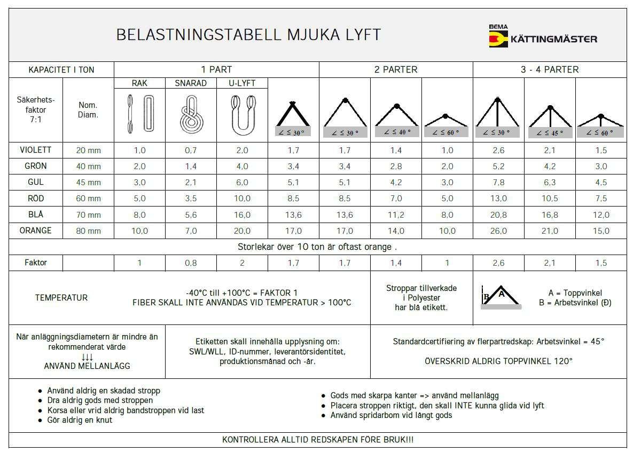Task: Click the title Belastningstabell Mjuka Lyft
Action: click(248, 35)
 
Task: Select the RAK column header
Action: click(139, 83)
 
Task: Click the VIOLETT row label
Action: click(35, 150)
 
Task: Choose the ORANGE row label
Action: click(35, 231)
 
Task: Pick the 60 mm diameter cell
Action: click(88, 199)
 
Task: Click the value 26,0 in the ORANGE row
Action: click(498, 231)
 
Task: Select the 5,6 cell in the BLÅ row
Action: click(191, 215)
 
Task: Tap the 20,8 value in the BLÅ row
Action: click(498, 215)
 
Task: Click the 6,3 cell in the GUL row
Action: click(550, 183)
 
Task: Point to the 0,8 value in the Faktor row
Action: click(191, 263)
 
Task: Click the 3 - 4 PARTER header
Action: click(550, 69)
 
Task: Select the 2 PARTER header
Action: click(396, 69)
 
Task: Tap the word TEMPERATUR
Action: click(61, 298)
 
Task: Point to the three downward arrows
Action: click(87, 356)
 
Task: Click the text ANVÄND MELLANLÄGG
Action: click(87, 366)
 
